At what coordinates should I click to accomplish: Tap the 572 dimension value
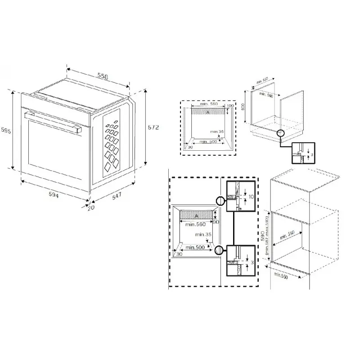click(x=153, y=128)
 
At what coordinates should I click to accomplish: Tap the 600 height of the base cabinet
click(x=243, y=107)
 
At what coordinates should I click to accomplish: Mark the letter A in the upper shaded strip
click(x=208, y=112)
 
